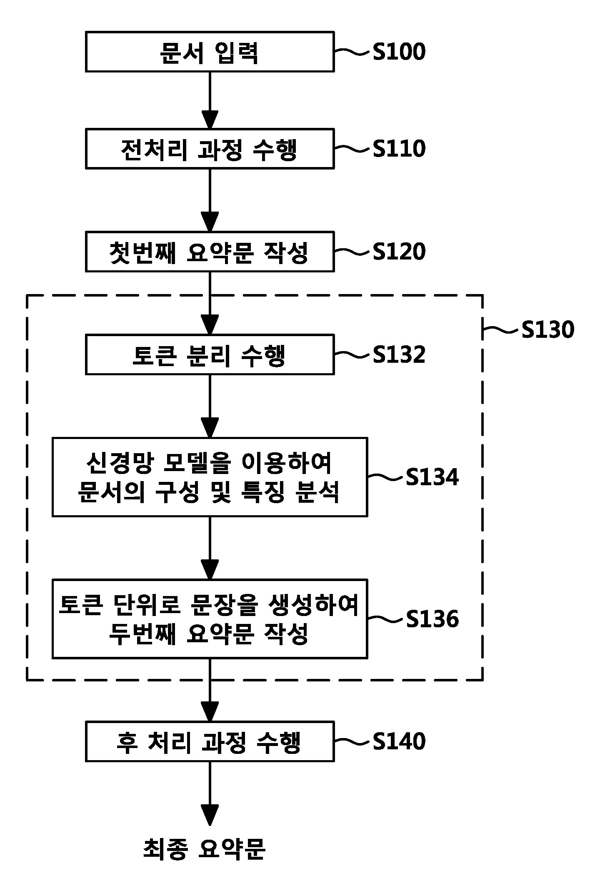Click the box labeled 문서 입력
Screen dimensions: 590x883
click(210, 52)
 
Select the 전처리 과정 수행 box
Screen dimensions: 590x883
click(210, 149)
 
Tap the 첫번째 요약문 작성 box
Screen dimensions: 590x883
click(210, 252)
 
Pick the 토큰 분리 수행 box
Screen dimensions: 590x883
click(210, 354)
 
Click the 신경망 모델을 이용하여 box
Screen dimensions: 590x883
click(210, 477)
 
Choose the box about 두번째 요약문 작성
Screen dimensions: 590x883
click(210, 619)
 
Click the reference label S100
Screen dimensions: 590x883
click(399, 52)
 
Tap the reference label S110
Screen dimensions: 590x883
click(399, 149)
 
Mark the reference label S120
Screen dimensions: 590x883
click(399, 252)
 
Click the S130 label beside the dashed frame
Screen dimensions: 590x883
click(548, 330)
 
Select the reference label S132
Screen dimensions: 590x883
click(399, 354)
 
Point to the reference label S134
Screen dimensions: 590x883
click(432, 477)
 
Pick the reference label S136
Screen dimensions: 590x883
click(432, 619)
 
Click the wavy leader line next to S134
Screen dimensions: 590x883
click(386, 477)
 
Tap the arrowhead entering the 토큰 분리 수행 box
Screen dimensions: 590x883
click(210, 325)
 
